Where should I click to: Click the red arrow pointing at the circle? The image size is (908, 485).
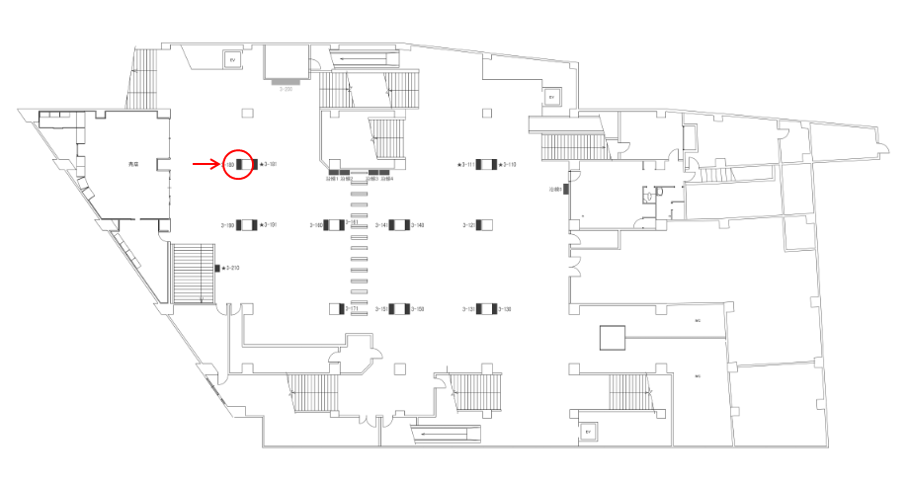pyautogui.click(x=206, y=164)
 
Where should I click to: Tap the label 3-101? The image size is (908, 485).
pyautogui.click(x=268, y=164)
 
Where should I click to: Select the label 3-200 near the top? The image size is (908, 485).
pyautogui.click(x=288, y=89)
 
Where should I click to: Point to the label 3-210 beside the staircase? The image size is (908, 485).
pyautogui.click(x=231, y=268)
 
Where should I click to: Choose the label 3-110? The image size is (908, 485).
pyautogui.click(x=509, y=164)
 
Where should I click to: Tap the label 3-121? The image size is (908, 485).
pyautogui.click(x=468, y=225)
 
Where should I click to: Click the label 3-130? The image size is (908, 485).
pyautogui.click(x=503, y=309)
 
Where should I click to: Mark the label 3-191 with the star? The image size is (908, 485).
pyautogui.click(x=267, y=225)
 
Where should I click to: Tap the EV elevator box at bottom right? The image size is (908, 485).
pyautogui.click(x=588, y=432)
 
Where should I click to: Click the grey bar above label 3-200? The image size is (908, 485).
pyautogui.click(x=288, y=81)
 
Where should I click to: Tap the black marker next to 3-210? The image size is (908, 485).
pyautogui.click(x=217, y=268)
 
